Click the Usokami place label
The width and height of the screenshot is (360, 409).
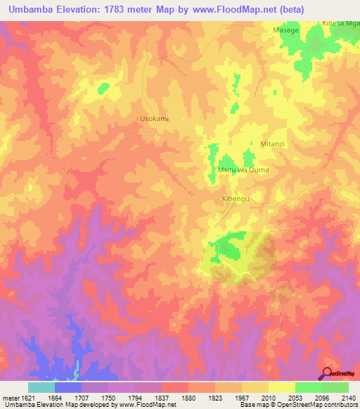pos(155,119)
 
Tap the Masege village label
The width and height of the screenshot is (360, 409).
pos(286,32)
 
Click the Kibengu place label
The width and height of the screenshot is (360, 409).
pos(236,199)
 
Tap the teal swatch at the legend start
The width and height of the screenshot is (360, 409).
pos(41,387)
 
